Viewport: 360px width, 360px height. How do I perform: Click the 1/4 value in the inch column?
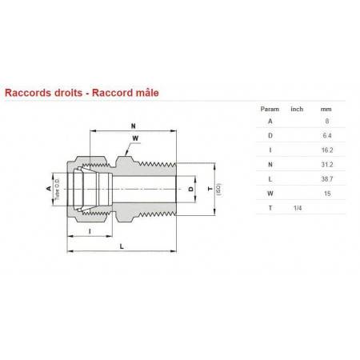[x=297, y=208]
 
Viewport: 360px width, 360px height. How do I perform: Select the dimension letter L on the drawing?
[x=121, y=247]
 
